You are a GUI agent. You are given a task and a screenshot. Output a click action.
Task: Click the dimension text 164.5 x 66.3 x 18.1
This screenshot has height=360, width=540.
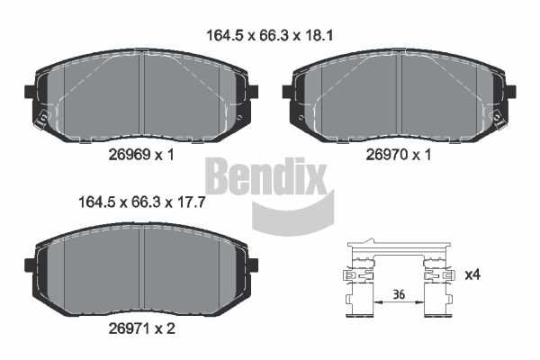270,35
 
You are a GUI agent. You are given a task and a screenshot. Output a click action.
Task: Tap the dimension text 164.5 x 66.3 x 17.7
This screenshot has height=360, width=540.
142,202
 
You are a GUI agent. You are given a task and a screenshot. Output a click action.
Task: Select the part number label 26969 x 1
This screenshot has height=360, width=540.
141,155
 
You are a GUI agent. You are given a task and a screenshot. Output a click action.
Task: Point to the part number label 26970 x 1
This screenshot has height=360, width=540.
399,155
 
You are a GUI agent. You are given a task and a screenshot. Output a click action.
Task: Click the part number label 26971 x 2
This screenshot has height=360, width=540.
142,328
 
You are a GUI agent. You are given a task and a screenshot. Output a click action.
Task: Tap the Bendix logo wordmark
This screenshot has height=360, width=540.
265,176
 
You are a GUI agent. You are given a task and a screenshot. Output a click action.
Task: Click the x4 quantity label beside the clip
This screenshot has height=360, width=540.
472,274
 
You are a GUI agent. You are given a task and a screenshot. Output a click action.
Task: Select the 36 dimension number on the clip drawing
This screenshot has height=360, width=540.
399,294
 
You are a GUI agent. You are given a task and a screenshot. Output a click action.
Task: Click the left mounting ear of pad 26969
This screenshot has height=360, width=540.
30,91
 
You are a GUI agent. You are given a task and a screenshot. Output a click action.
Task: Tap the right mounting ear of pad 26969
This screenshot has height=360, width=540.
253,91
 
